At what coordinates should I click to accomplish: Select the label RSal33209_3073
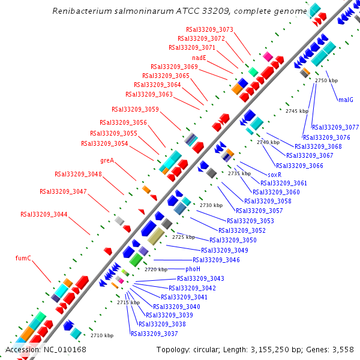209,29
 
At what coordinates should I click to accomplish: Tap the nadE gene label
199,58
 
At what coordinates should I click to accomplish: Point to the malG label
346,100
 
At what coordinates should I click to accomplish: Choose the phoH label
193,269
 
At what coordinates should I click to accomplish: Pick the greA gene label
107,160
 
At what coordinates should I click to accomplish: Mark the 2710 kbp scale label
101,335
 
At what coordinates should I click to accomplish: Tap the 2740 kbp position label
268,142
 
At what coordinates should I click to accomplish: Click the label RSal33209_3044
44,214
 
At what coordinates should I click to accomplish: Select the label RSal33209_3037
154,334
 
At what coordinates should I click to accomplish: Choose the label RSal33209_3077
335,127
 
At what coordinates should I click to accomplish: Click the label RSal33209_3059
135,109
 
